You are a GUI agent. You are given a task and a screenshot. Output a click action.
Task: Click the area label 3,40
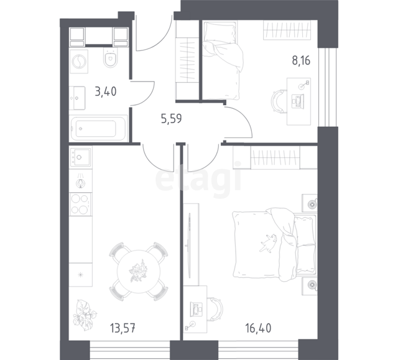tap(106, 91)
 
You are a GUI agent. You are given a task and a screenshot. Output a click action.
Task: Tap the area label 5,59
tap(172, 119)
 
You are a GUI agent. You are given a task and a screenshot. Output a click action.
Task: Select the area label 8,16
tap(301, 61)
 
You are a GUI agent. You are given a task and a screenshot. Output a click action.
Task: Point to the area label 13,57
tap(123, 328)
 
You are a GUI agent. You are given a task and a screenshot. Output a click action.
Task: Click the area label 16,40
tap(258, 328)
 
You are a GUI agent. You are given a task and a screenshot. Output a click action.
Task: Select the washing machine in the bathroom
tap(79, 62)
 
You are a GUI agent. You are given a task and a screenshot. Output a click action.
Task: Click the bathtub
tap(98, 128)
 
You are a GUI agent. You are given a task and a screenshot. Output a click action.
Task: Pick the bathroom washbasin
tap(77, 98)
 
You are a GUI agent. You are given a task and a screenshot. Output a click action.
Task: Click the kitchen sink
tap(81, 157)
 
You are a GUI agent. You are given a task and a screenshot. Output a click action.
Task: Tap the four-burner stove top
tap(80, 204)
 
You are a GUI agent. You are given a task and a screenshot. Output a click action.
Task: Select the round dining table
tap(139, 271)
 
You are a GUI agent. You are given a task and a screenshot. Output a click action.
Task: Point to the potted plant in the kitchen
tap(85, 315)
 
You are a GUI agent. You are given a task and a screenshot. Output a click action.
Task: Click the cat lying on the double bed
tap(268, 243)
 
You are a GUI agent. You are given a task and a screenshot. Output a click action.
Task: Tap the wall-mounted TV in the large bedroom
tap(189, 246)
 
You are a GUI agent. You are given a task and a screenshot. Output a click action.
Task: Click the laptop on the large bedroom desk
tap(197, 308)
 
